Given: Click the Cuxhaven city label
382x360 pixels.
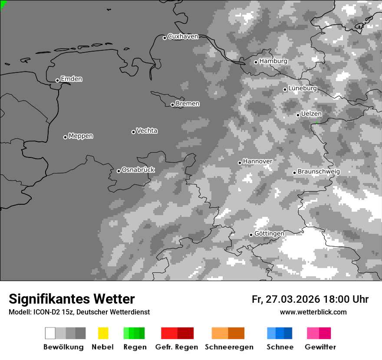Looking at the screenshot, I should pyautogui.click(x=183, y=36).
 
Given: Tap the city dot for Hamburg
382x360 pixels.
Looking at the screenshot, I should pyautogui.click(x=256, y=62).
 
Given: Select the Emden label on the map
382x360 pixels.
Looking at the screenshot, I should pyautogui.click(x=71, y=79).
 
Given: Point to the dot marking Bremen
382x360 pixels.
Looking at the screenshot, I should pyautogui.click(x=172, y=105).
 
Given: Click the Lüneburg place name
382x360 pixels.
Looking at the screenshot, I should pyautogui.click(x=302, y=88).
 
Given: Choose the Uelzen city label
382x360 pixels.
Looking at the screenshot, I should pyautogui.click(x=311, y=114).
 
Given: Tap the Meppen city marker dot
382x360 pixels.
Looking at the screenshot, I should pyautogui.click(x=65, y=137).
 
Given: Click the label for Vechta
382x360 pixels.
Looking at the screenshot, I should pyautogui.click(x=147, y=131).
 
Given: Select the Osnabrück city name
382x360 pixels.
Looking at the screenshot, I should pyautogui.click(x=138, y=170).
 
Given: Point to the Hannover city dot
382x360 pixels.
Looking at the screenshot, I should pyautogui.click(x=240, y=163).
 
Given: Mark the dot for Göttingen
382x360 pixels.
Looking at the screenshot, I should pyautogui.click(x=251, y=235).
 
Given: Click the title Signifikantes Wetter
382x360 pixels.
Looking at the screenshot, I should pyautogui.click(x=72, y=299).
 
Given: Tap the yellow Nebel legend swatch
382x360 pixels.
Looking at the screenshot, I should pyautogui.click(x=103, y=333).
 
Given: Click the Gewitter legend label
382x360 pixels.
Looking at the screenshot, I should pyautogui.click(x=320, y=347).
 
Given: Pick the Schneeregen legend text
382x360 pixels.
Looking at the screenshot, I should pyautogui.click(x=229, y=347).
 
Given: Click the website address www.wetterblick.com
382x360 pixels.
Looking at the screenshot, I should pyautogui.click(x=313, y=312).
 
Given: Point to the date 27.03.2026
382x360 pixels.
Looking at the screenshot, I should pyautogui.click(x=291, y=299).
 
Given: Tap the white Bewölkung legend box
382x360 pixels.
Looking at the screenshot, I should pyautogui.click(x=50, y=333).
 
